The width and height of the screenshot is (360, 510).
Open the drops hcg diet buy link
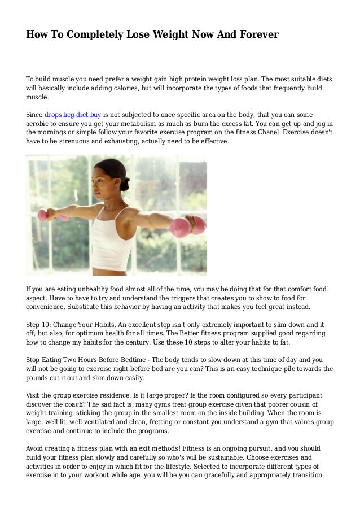click(72, 114)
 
